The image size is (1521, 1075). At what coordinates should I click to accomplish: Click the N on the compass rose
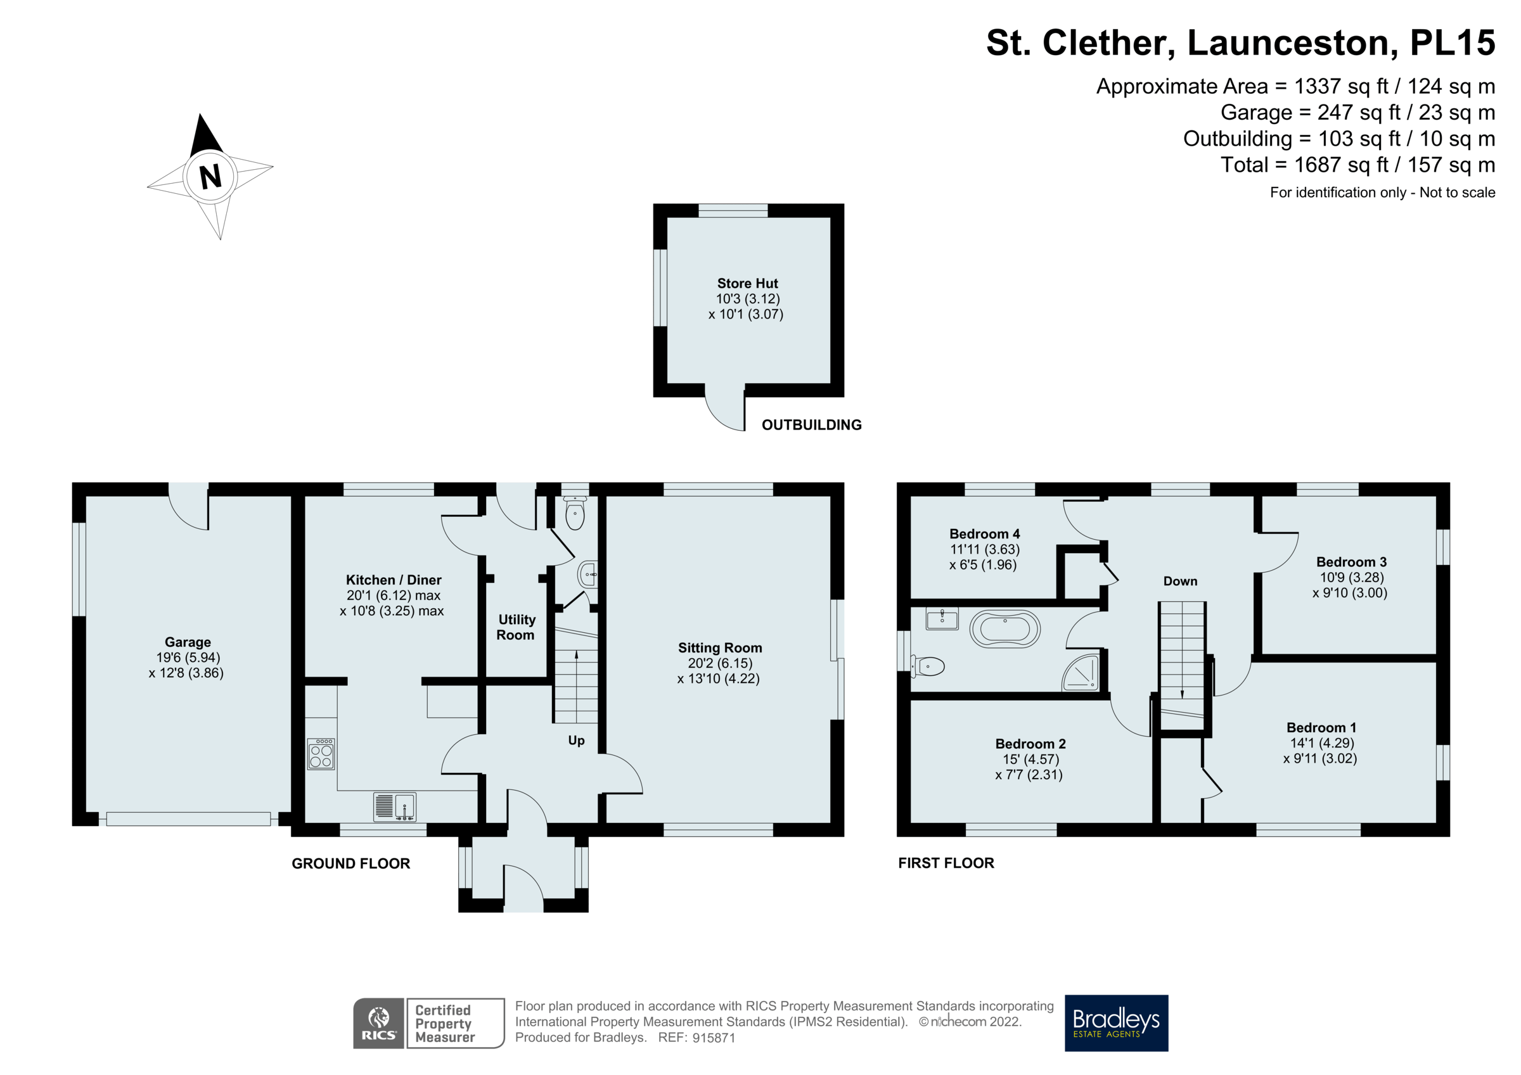point(210,176)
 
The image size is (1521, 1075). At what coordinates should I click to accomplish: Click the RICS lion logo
point(378,1022)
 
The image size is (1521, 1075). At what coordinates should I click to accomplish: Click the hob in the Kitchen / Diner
point(321,754)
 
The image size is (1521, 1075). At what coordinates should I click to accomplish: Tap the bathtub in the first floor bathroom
point(1004,628)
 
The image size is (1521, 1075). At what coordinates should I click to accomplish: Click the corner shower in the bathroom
point(1081,673)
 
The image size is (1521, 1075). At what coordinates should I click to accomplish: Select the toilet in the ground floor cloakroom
point(575,514)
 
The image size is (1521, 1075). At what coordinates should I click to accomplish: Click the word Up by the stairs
point(575,741)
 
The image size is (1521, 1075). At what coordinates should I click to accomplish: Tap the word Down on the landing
point(1180,581)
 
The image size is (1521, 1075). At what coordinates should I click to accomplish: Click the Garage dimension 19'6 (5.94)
point(188,657)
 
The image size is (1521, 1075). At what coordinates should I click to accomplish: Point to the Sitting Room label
point(719,647)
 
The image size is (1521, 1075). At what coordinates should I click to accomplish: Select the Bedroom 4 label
point(984,533)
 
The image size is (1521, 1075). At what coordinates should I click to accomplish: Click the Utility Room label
point(516,627)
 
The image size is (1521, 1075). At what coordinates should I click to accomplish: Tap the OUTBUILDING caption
point(811,424)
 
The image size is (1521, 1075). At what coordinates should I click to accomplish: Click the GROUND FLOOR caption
point(350,863)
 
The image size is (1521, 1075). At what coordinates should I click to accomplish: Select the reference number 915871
point(714,1038)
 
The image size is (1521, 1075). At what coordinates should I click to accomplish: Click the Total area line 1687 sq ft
point(1357,164)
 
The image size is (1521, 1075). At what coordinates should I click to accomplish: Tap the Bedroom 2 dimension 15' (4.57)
point(1030,759)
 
